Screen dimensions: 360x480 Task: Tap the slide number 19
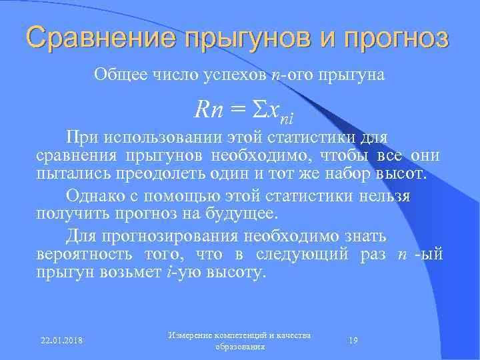point(354,341)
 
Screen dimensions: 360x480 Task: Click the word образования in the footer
point(241,347)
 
